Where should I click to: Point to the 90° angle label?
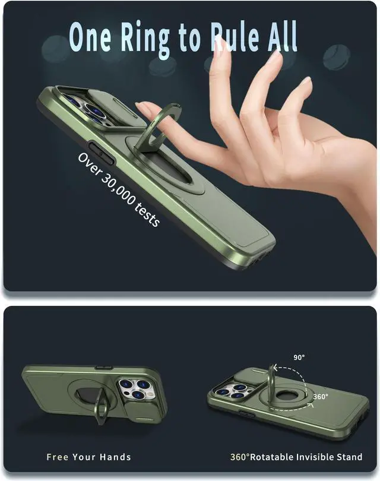299,357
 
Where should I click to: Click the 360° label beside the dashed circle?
321,395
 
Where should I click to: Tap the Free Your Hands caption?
89,457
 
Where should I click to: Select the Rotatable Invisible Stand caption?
305,457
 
